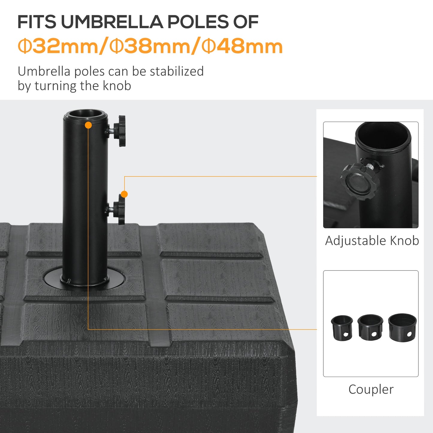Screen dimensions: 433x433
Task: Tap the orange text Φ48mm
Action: (242, 46)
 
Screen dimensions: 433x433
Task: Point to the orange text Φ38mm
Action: (150, 46)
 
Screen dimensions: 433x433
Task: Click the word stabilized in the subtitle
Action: (176, 71)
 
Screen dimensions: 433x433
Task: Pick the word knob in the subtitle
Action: (117, 86)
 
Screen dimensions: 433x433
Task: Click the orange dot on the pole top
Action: (88, 125)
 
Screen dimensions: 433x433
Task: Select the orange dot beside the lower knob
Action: (124, 194)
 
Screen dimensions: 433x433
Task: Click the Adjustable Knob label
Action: (372, 241)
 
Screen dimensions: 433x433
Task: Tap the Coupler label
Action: (371, 389)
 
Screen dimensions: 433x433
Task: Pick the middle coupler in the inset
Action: (370, 327)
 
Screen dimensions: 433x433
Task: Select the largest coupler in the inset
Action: (402, 327)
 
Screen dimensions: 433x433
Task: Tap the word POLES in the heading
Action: (198, 22)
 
